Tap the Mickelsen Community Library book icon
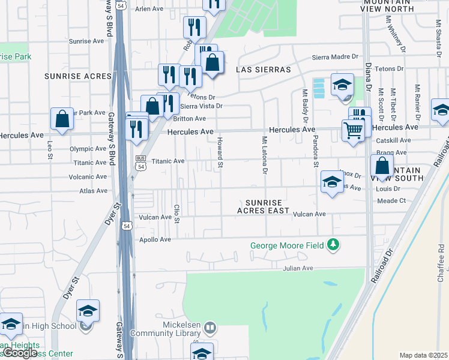(x=209, y=328)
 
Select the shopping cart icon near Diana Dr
(x=354, y=129)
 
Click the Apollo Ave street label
(x=157, y=239)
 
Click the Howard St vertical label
(x=220, y=152)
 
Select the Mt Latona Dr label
(x=264, y=155)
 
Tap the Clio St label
(x=177, y=214)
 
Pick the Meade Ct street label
(x=392, y=201)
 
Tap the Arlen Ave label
(x=149, y=9)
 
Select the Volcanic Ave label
(x=87, y=177)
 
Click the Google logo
(x=20, y=353)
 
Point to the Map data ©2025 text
(x=424, y=355)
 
